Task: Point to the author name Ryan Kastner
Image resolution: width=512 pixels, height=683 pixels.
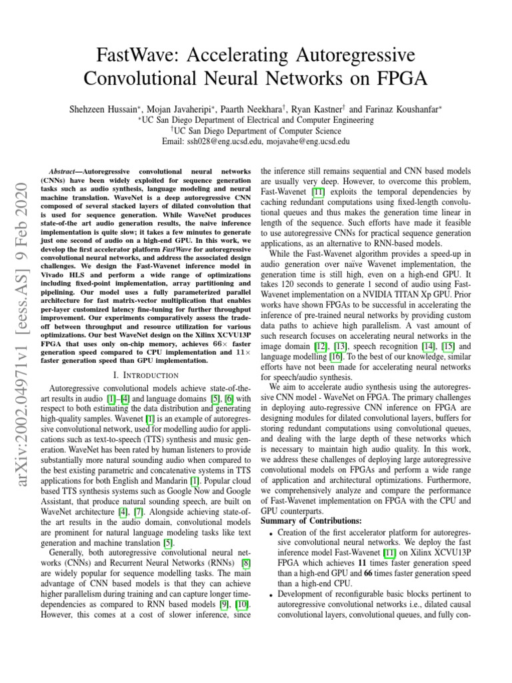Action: pyautogui.click(x=316, y=107)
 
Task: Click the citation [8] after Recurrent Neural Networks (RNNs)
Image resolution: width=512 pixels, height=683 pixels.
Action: pyautogui.click(x=245, y=562)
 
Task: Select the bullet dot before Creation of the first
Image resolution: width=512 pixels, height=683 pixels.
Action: pyautogui.click(x=270, y=532)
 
